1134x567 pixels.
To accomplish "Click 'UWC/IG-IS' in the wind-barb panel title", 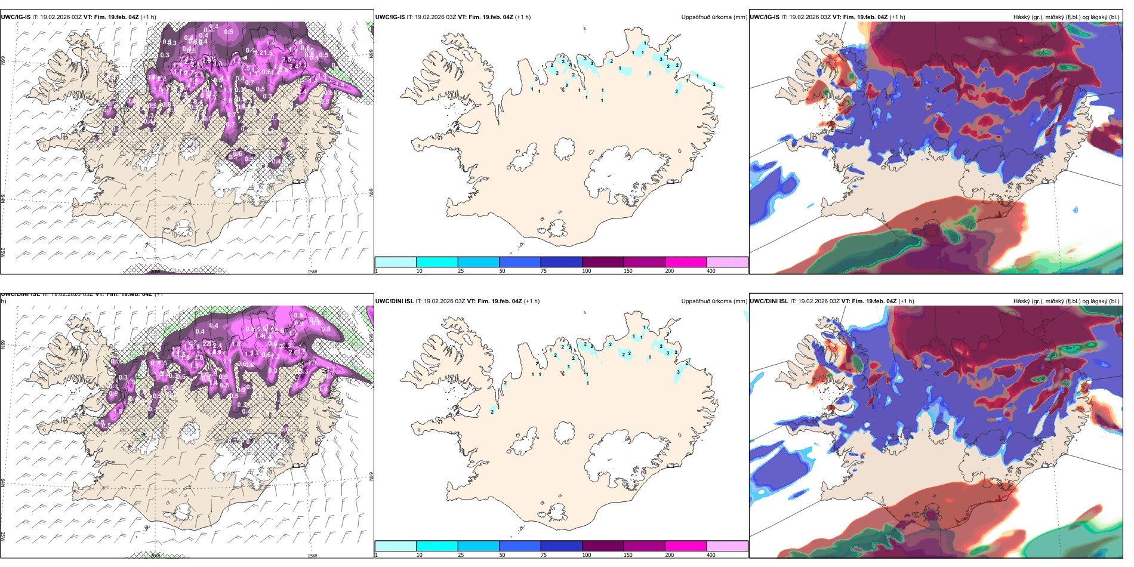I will click(16, 17).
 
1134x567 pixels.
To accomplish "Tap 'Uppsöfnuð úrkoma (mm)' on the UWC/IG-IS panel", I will click(714, 17).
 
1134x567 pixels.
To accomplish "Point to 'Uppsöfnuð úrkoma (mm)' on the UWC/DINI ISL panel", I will click(714, 301).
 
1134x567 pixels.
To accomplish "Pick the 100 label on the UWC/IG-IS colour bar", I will click(587, 271).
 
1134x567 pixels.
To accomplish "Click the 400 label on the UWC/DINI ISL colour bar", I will click(711, 555).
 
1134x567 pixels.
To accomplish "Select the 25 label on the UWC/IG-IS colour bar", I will click(461, 271).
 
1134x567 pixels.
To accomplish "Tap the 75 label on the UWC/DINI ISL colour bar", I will click(544, 555).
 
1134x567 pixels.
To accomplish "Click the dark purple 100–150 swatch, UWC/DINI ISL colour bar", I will click(603, 546).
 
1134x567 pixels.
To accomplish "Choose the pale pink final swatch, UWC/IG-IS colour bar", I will click(727, 262).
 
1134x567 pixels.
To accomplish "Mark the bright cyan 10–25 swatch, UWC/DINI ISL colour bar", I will click(437, 546).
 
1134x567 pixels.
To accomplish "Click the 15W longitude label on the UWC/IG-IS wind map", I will click(312, 272).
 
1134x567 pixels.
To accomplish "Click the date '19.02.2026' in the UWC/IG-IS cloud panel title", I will click(803, 17).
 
